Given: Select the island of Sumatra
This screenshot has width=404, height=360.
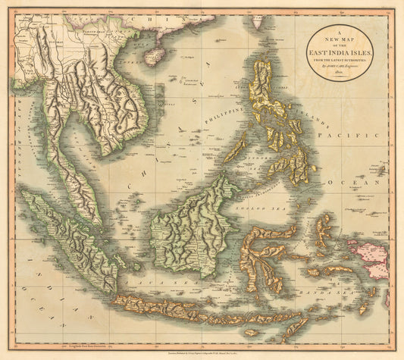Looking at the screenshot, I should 68,243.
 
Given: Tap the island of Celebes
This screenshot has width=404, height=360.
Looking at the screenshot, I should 265,254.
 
